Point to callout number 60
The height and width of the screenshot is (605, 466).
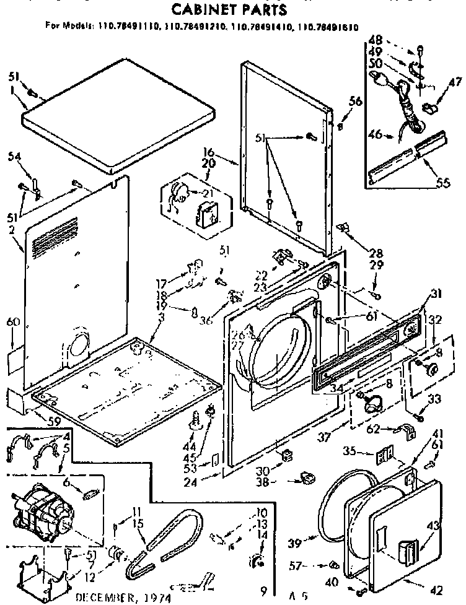pos(12,322)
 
